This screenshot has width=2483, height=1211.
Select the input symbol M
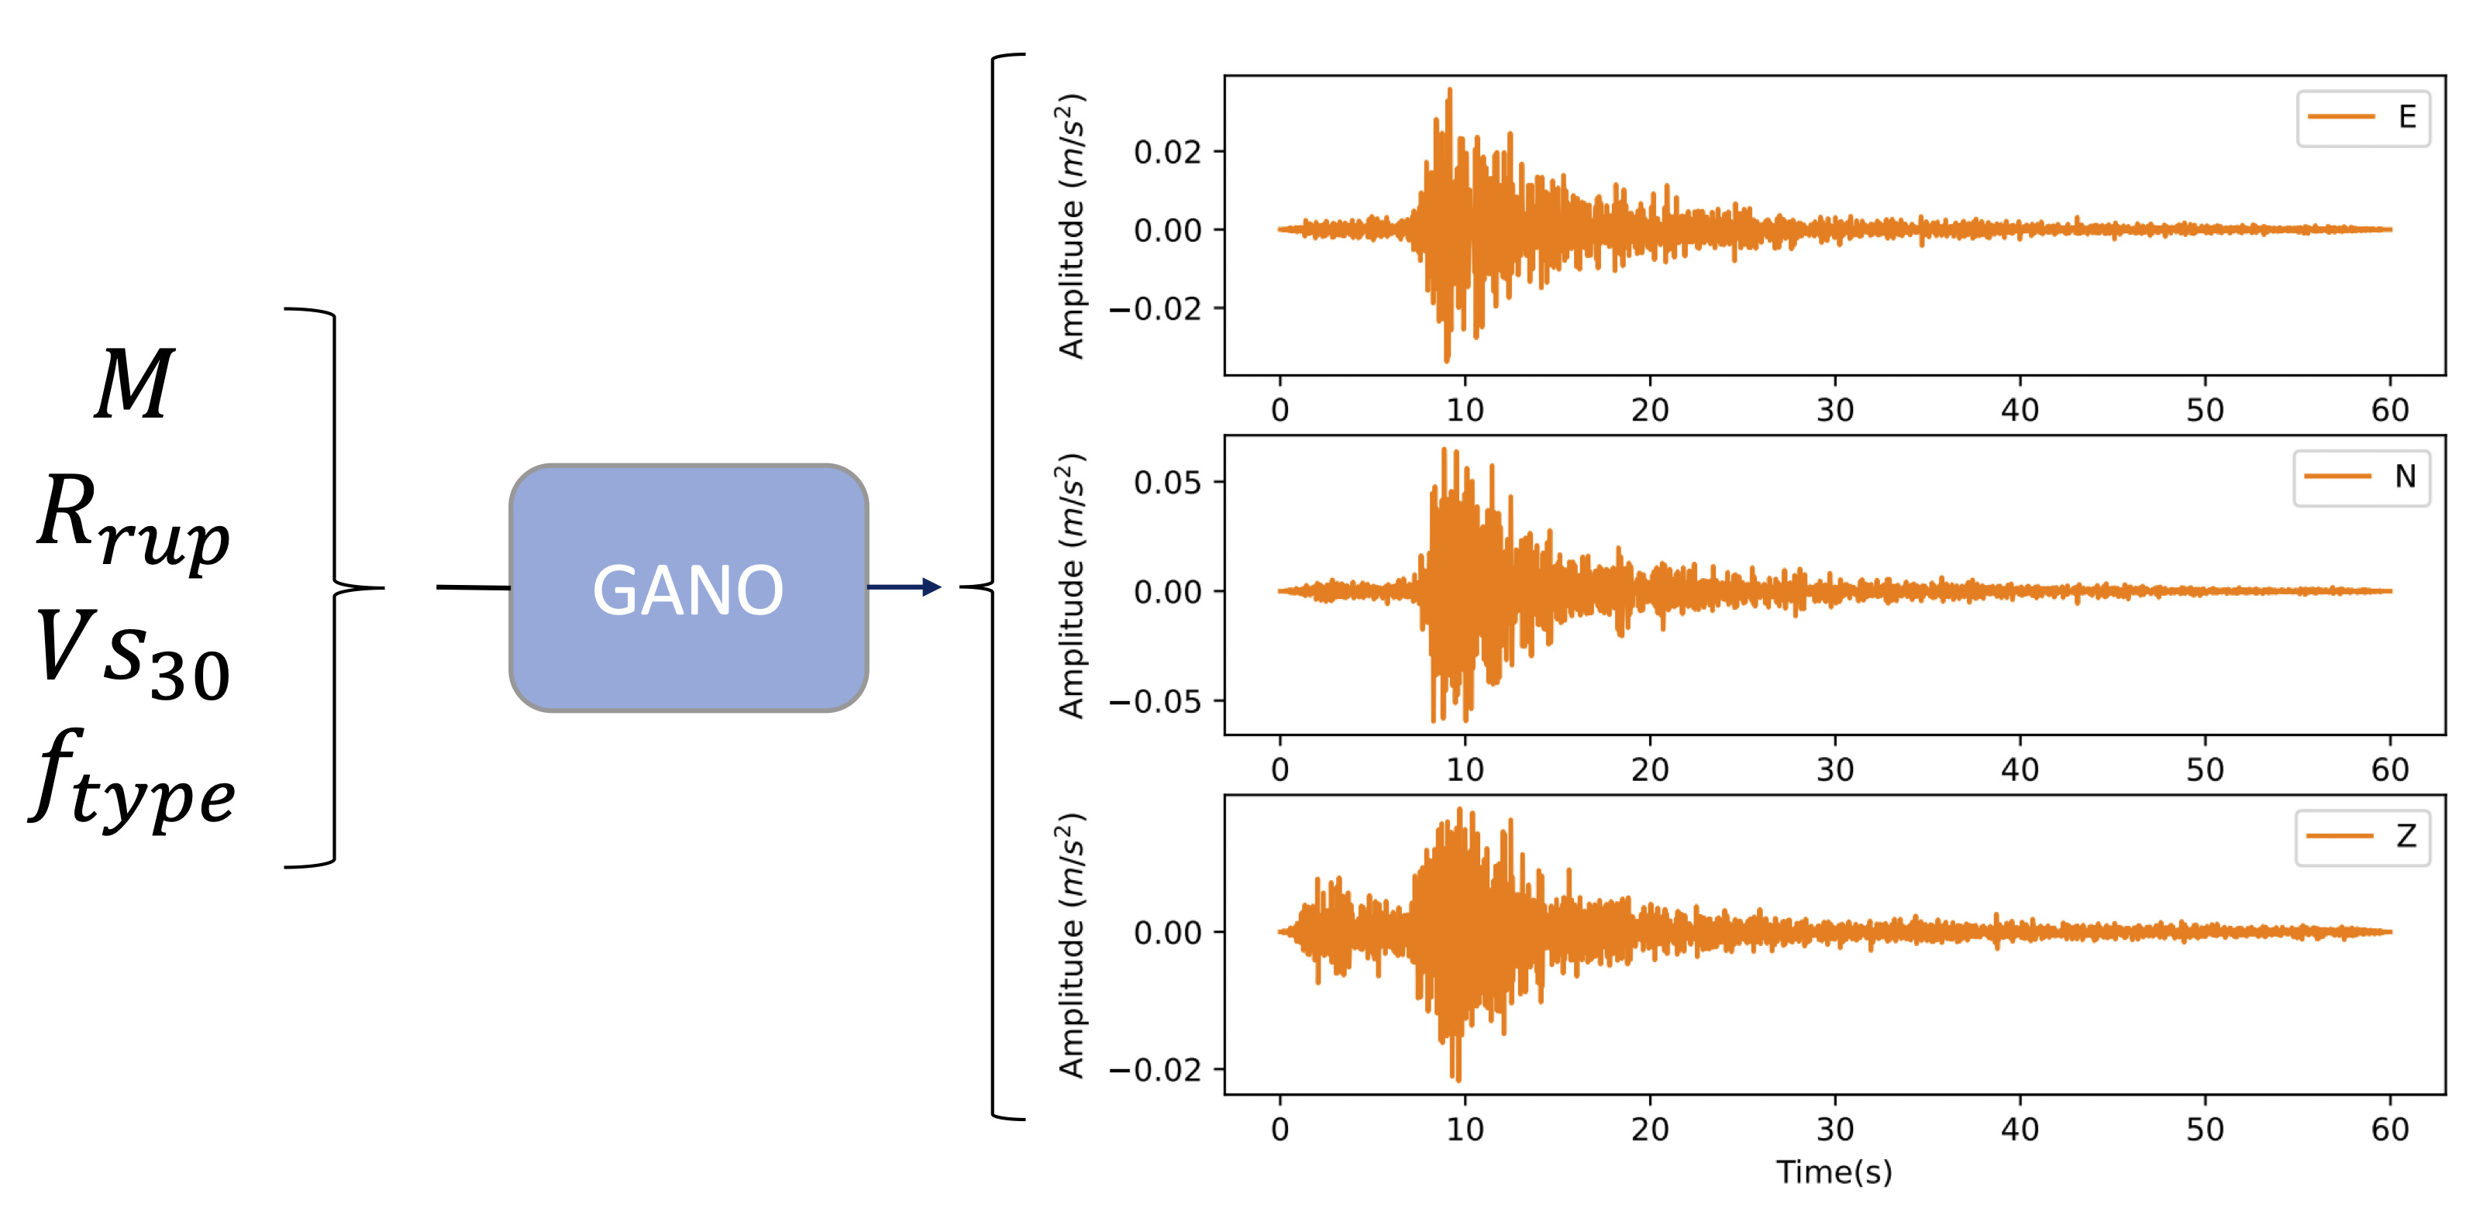pos(135,384)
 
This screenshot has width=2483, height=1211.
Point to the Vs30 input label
pos(134,655)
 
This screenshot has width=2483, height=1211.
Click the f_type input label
pos(133,780)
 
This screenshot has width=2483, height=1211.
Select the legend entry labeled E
pos(2363,118)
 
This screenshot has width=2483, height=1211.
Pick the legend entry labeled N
pos(2361,477)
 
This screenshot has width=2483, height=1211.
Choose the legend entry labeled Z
pos(2361,836)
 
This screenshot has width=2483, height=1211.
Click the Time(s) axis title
pos(1834,1172)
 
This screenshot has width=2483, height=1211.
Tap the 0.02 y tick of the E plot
pos(1167,152)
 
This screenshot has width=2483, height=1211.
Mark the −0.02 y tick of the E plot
pos(1155,309)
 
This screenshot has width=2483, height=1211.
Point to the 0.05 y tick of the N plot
pos(1167,482)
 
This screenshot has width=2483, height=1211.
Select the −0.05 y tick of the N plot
pos(1155,701)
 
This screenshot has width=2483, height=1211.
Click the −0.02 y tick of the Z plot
pos(1155,1069)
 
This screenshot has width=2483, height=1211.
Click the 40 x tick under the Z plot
pos(2020,1129)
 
